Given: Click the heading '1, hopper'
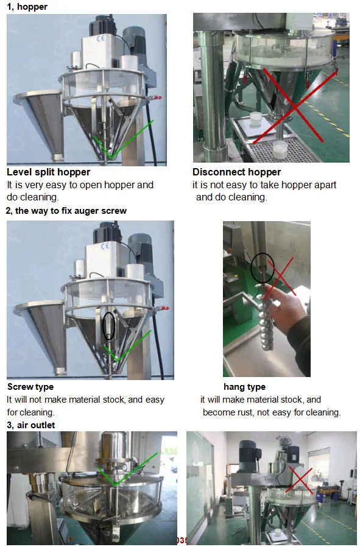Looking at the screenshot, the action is pyautogui.click(x=27, y=7).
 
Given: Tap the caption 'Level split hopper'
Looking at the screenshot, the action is pyautogui.click(x=49, y=172).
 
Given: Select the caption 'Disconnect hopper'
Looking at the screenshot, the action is pyautogui.click(x=236, y=172).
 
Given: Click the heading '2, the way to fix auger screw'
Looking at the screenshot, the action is pyautogui.click(x=66, y=211).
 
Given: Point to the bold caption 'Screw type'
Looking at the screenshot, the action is pyautogui.click(x=30, y=387).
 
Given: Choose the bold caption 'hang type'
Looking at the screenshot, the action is pyautogui.click(x=244, y=387).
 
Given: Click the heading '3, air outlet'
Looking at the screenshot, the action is pyautogui.click(x=30, y=425).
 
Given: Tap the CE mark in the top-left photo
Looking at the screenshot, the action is pyautogui.click(x=101, y=38).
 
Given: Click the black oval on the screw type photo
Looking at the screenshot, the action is pyautogui.click(x=108, y=325).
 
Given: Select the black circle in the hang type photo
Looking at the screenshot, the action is pyautogui.click(x=263, y=267).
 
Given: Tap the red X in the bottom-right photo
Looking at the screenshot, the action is pyautogui.click(x=300, y=481).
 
